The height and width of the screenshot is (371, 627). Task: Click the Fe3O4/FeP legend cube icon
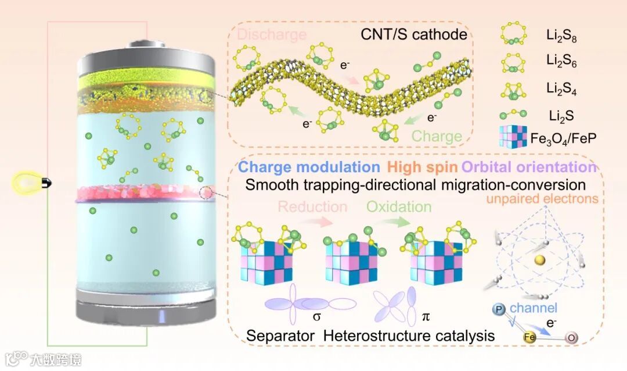(511, 138)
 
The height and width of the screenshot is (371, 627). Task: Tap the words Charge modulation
(309, 167)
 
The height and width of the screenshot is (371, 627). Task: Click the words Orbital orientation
(529, 167)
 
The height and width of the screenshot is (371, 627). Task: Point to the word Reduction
(312, 207)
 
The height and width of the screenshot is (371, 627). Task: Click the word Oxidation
(398, 207)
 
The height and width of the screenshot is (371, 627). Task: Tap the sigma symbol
(316, 318)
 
